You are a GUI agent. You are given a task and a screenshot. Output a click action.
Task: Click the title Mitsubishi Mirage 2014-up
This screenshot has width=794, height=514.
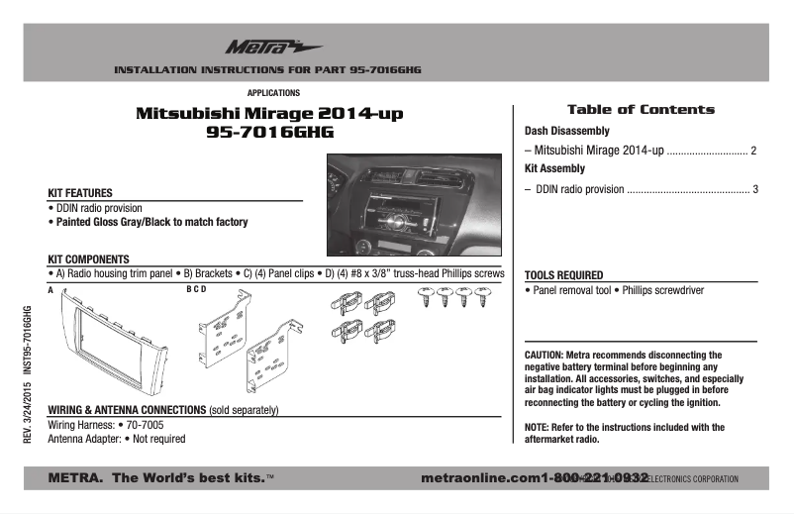click(x=269, y=114)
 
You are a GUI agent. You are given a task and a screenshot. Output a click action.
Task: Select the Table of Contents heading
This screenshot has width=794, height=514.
click(x=640, y=110)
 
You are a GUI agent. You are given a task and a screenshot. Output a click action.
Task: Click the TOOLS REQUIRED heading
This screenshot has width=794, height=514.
click(x=563, y=275)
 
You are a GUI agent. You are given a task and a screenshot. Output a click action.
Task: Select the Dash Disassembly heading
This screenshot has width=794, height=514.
click(x=566, y=131)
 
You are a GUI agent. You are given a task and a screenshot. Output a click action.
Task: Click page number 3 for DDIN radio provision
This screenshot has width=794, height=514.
click(x=755, y=188)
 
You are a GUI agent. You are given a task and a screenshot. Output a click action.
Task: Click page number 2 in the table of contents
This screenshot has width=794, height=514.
click(x=753, y=151)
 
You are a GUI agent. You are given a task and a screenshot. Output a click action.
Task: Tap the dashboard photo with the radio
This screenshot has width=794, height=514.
click(x=415, y=204)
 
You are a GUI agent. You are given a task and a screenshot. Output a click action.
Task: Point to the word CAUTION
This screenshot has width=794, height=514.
click(x=543, y=354)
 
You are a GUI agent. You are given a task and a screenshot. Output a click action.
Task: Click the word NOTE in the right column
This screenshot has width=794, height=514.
click(x=536, y=427)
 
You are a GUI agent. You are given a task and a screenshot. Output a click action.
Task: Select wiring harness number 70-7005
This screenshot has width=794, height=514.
click(x=141, y=424)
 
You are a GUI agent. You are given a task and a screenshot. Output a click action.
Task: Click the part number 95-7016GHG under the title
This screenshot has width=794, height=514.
click(x=269, y=132)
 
